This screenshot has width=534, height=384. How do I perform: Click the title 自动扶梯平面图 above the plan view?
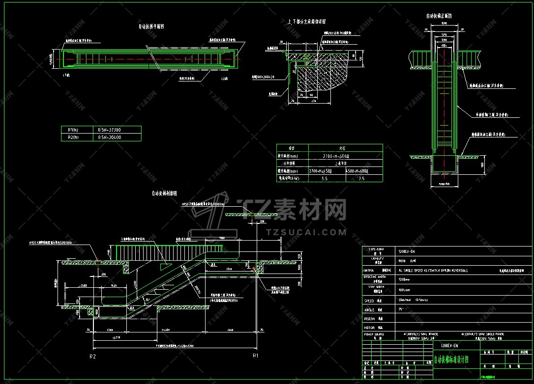click(151, 27)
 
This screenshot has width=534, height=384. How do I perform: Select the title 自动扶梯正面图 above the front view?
click(439, 16)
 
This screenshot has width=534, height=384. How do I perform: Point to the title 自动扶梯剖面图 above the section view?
click(164, 193)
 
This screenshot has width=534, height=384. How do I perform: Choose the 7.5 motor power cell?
click(362, 179)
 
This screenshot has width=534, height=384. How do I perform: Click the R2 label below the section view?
click(92, 355)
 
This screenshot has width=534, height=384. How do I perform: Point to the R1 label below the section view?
click(255, 355)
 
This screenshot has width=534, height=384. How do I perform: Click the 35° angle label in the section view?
click(147, 299)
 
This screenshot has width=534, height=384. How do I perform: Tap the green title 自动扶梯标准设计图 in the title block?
click(451, 359)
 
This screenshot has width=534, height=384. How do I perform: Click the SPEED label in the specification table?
click(369, 301)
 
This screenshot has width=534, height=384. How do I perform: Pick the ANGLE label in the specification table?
click(369, 309)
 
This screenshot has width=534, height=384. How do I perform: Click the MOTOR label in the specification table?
click(369, 327)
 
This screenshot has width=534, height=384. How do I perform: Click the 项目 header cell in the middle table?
click(292, 147)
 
